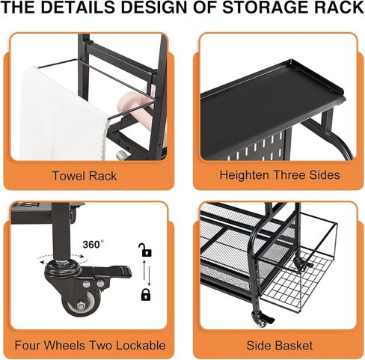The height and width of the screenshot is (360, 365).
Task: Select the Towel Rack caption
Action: click(x=85, y=177)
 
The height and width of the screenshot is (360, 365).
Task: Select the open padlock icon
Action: click(x=144, y=250)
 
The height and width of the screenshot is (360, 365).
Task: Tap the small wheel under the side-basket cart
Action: click(x=261, y=321)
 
